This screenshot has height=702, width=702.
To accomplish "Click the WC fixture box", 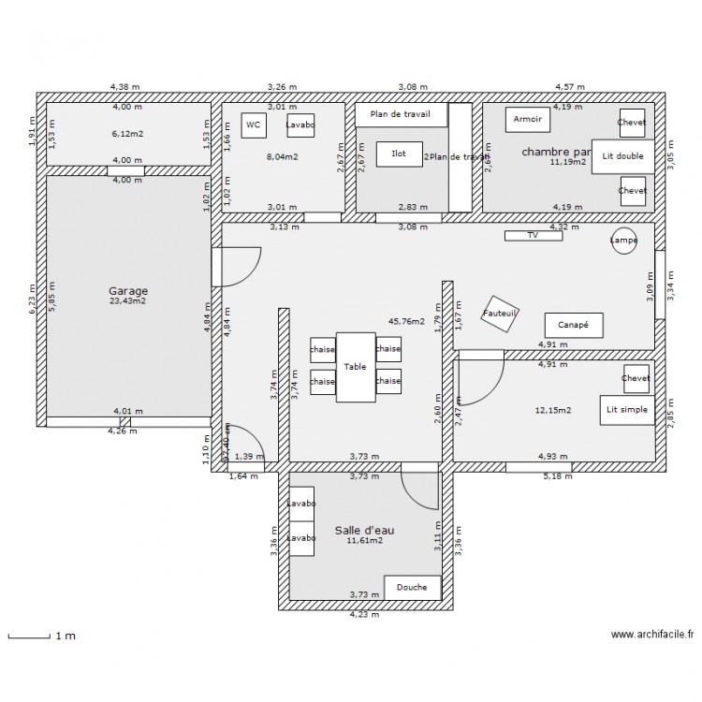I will [253, 124].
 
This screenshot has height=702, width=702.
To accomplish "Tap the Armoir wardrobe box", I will [527, 120].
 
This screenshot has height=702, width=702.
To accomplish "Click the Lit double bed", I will [622, 156].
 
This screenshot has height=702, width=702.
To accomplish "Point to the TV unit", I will [534, 236].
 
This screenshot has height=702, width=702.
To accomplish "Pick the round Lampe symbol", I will [624, 241].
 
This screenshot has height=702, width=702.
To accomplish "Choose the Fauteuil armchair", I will [500, 314].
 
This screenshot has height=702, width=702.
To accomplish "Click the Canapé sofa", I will [573, 325].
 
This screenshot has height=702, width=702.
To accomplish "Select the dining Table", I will [355, 367].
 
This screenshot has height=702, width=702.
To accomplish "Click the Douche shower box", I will [412, 588].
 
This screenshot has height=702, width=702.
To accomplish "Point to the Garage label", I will [127, 290].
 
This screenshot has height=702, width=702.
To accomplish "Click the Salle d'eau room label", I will [364, 531].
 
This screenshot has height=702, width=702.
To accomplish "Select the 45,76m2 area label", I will [406, 322].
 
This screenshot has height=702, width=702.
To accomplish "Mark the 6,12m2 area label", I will [127, 134].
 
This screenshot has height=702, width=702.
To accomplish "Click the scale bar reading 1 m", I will [41, 636].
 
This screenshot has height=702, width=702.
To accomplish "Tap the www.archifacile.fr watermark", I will [652, 635].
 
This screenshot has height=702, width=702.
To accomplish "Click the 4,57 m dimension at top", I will [569, 87].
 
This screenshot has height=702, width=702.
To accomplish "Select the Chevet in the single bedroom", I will [636, 378].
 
